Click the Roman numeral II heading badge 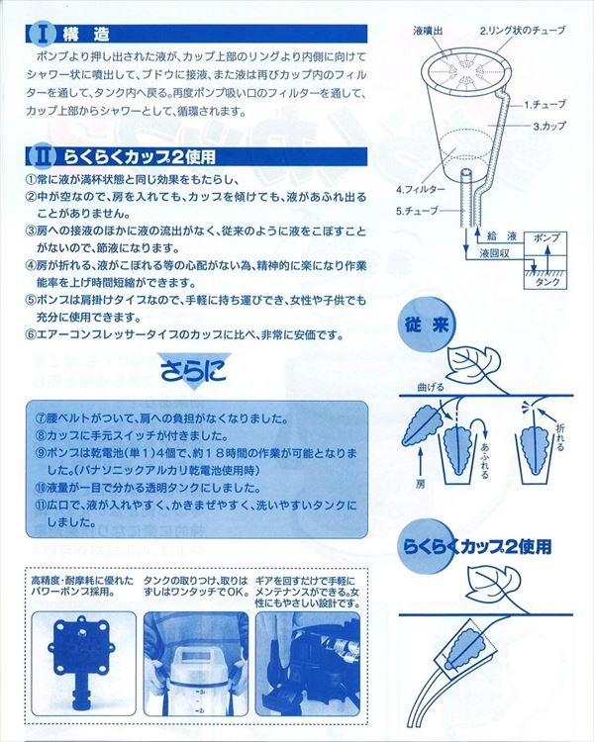(x=34, y=155)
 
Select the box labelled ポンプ (x=545, y=240)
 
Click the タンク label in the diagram (x=545, y=280)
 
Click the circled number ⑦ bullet (x=40, y=417)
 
